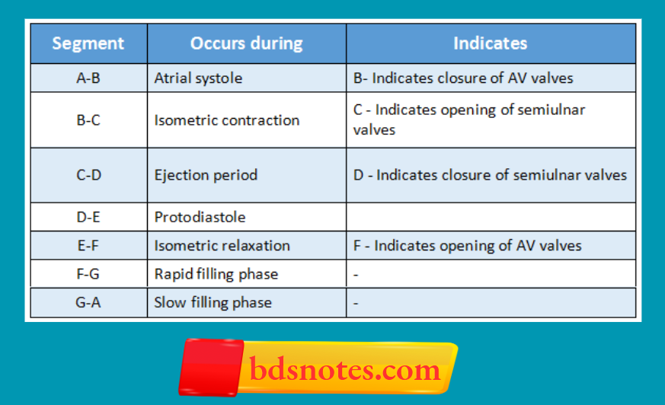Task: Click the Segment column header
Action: (x=88, y=43)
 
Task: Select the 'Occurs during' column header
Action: (x=246, y=43)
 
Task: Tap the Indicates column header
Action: (x=490, y=43)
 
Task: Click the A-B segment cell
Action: (x=88, y=78)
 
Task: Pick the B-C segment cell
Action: (x=88, y=120)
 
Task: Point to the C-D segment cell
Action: (x=88, y=175)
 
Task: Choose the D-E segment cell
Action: (x=88, y=217)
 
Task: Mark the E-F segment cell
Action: (x=88, y=246)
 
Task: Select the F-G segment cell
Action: (x=88, y=274)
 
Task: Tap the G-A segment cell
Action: (x=88, y=302)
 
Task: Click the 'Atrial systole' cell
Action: (x=197, y=78)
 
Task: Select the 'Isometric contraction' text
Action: (x=226, y=120)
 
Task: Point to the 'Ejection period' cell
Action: (x=206, y=175)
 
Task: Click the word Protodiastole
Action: (x=200, y=217)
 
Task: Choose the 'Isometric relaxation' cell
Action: (x=222, y=246)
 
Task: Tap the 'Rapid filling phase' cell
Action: (x=216, y=274)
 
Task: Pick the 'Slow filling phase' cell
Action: (x=213, y=302)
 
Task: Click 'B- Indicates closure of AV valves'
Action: (x=463, y=78)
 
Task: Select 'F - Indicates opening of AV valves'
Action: (x=467, y=246)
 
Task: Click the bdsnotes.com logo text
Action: (x=344, y=371)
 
